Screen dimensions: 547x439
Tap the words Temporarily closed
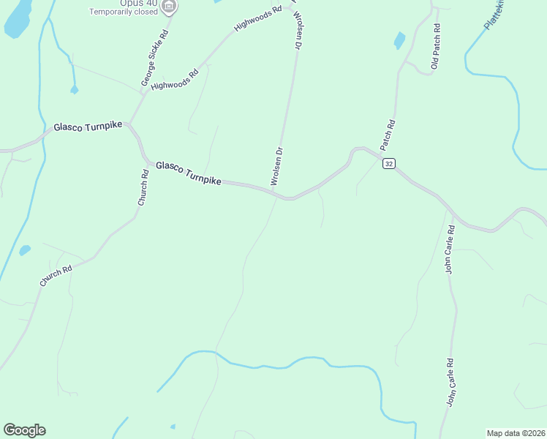(x=124, y=12)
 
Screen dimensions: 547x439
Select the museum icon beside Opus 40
(x=170, y=7)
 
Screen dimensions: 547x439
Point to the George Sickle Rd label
(x=155, y=59)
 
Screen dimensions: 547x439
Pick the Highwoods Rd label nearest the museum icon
(x=257, y=19)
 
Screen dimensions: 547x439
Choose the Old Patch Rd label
(x=436, y=48)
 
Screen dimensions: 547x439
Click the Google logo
(x=24, y=430)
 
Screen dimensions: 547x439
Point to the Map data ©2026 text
(x=516, y=432)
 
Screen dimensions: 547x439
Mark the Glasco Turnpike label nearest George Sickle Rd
(x=87, y=127)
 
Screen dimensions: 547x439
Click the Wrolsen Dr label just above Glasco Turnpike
(x=277, y=168)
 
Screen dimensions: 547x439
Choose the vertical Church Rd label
(x=145, y=187)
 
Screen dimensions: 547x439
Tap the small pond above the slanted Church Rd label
(x=25, y=250)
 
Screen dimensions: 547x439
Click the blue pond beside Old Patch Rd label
(x=399, y=40)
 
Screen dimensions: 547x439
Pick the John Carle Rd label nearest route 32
(x=451, y=249)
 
